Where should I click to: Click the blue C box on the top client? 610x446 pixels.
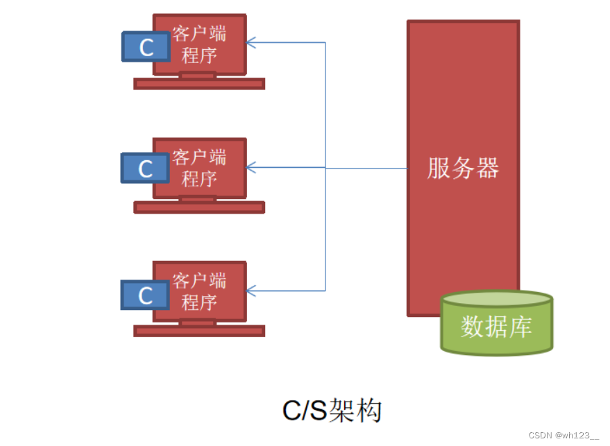pos(146,46)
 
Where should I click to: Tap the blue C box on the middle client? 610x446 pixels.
pos(145,169)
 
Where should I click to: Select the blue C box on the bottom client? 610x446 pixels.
pos(145,295)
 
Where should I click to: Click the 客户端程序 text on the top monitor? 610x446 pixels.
pos(199,44)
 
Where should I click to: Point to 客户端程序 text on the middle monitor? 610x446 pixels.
pos(199,167)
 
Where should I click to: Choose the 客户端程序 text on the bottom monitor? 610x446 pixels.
pos(199,291)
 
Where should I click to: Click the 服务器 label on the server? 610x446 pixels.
pos(463,169)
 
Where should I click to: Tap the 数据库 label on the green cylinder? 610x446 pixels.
pos(496,327)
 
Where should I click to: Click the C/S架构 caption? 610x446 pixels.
pos(332,411)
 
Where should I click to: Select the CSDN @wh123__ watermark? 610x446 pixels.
pos(563,436)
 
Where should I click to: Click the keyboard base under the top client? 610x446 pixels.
pos(199,84)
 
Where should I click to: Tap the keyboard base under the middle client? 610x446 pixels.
pos(199,207)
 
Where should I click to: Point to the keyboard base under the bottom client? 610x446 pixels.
pos(199,331)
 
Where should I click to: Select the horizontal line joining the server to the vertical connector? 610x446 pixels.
pos(366,168)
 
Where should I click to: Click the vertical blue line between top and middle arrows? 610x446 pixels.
pos(325,104)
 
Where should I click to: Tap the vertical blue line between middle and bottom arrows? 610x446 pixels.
pos(325,229)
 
